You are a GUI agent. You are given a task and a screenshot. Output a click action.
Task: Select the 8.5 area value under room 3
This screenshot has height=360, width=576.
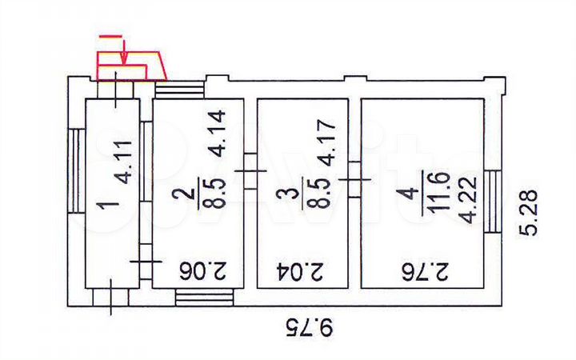click(x=322, y=192)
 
